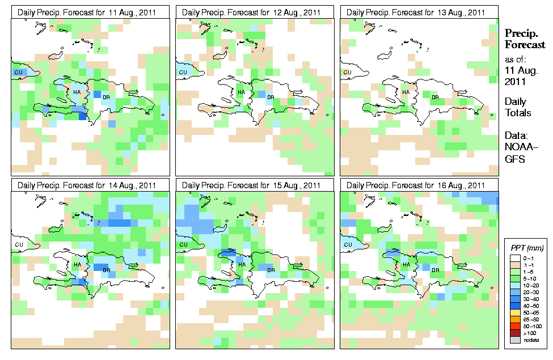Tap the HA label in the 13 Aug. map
[x=406, y=92]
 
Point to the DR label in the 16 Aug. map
[x=436, y=270]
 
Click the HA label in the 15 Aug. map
[x=241, y=265]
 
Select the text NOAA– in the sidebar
[x=517, y=149]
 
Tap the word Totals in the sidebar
[x=518, y=113]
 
